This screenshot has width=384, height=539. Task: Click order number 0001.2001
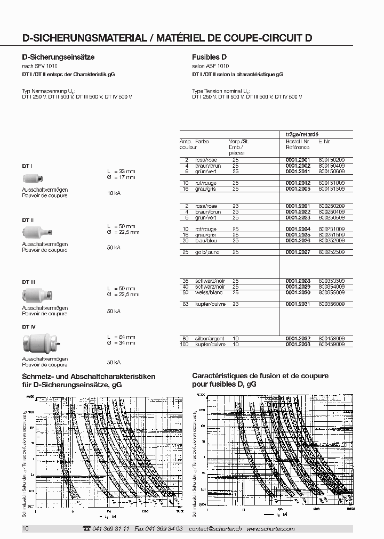(298, 160)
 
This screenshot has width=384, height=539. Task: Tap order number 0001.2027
(298, 252)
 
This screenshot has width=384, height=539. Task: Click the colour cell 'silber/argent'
(210, 339)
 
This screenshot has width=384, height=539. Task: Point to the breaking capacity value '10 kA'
(114, 193)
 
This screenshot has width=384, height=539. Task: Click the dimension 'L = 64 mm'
(121, 337)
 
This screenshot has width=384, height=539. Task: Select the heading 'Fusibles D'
(209, 56)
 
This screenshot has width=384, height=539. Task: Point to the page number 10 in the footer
(25, 528)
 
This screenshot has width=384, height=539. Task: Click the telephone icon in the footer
(87, 528)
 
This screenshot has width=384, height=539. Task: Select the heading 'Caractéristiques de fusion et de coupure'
(260, 376)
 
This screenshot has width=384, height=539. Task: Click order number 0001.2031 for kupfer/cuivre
(298, 304)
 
